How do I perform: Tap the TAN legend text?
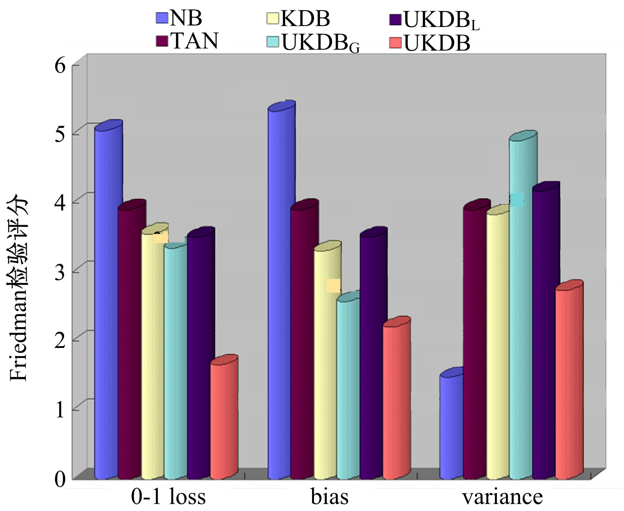(194, 41)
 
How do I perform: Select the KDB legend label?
(305, 19)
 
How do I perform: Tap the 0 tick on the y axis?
(60, 479)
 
